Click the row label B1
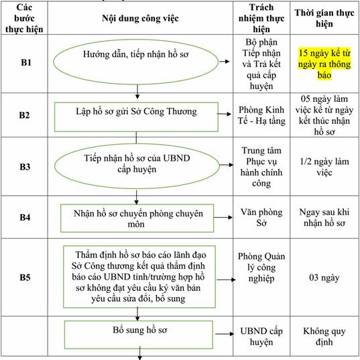[26, 62]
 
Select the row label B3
[25, 167]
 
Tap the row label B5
[25, 278]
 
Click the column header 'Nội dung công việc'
[140, 18]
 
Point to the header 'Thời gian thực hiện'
[324, 18]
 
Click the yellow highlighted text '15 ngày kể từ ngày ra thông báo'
[324, 64]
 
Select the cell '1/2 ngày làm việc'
[324, 167]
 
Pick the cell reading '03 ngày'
[324, 278]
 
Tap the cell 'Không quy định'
[324, 337]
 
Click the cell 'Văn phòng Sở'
[261, 217]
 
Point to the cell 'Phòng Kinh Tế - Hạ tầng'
[261, 115]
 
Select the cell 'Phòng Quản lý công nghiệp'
[261, 267]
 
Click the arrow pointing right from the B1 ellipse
[225, 61]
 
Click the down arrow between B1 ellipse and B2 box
[137, 92]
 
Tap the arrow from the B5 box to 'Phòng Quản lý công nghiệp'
[226, 280]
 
